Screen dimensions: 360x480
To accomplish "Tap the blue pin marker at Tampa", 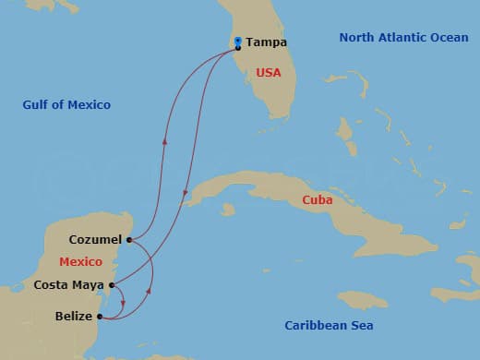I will pos(238,42).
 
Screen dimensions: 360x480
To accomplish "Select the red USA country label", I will pos(269,72).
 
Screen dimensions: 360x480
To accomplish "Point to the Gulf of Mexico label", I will pos(66,105).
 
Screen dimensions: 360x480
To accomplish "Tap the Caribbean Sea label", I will pos(329,326).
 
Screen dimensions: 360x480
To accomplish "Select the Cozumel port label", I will pos(96,240).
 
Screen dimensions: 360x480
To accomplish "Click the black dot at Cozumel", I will pos(129,240).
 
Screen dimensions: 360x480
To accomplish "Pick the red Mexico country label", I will pos(80,262).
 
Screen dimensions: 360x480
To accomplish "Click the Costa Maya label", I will pos(69,285).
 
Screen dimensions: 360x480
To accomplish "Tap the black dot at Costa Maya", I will pos(112,285).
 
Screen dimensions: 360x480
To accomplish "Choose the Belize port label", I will pos(74,317).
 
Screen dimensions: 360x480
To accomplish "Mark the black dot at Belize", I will pos(99,317).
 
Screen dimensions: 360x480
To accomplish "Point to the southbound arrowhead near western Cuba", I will pos(186,195).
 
